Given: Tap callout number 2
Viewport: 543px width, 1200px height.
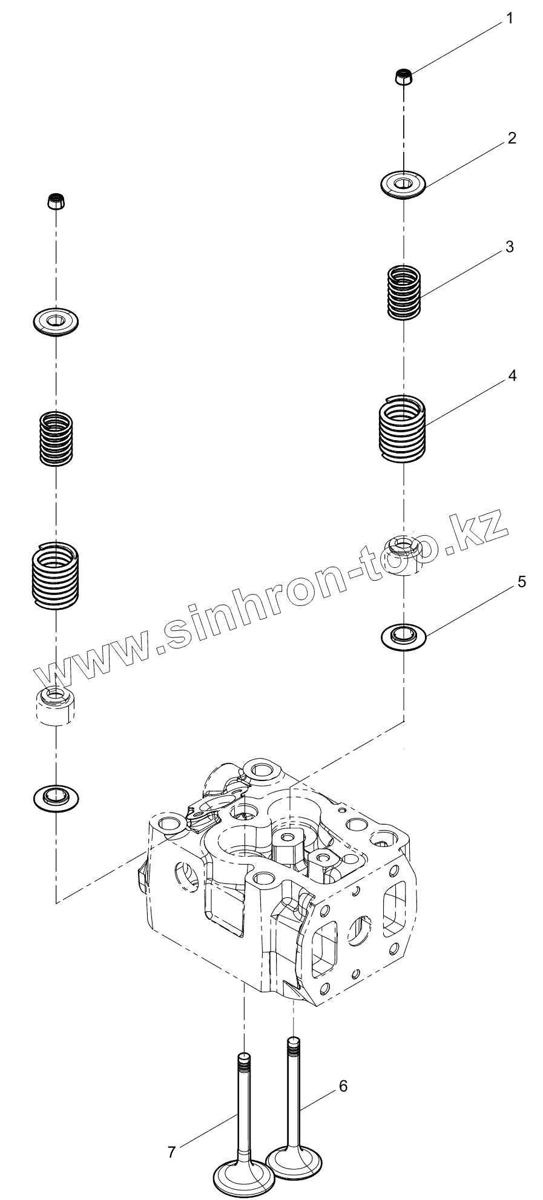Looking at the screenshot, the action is click(x=512, y=139).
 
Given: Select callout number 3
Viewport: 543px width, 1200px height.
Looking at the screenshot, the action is click(x=510, y=247).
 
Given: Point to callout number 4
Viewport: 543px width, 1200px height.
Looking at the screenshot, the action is click(x=512, y=376).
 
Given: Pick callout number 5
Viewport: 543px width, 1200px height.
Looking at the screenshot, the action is click(x=521, y=582).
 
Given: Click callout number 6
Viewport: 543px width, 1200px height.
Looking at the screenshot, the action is click(x=343, y=1086).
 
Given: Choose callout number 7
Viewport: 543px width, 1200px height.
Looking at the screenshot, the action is click(x=171, y=1152).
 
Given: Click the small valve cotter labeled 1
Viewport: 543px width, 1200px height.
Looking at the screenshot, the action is click(x=403, y=77).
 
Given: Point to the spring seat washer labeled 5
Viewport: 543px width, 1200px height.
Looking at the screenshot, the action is click(x=403, y=636).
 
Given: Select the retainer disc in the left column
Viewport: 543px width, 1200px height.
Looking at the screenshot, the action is click(x=56, y=320).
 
